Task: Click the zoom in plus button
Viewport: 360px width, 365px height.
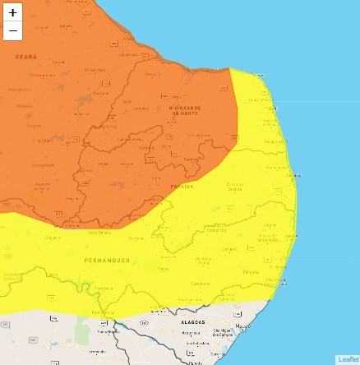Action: tap(12, 13)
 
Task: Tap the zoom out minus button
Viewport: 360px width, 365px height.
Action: tap(12, 31)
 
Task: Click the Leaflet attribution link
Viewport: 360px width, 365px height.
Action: tap(348, 359)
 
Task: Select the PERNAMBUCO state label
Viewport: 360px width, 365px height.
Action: tap(106, 260)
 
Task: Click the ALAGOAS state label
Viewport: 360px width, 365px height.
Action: tap(192, 322)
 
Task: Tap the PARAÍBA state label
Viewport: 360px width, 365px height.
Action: tap(182, 187)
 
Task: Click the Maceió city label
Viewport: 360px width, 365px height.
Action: tap(242, 327)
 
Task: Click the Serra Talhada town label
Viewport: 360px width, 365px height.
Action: tap(100, 233)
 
